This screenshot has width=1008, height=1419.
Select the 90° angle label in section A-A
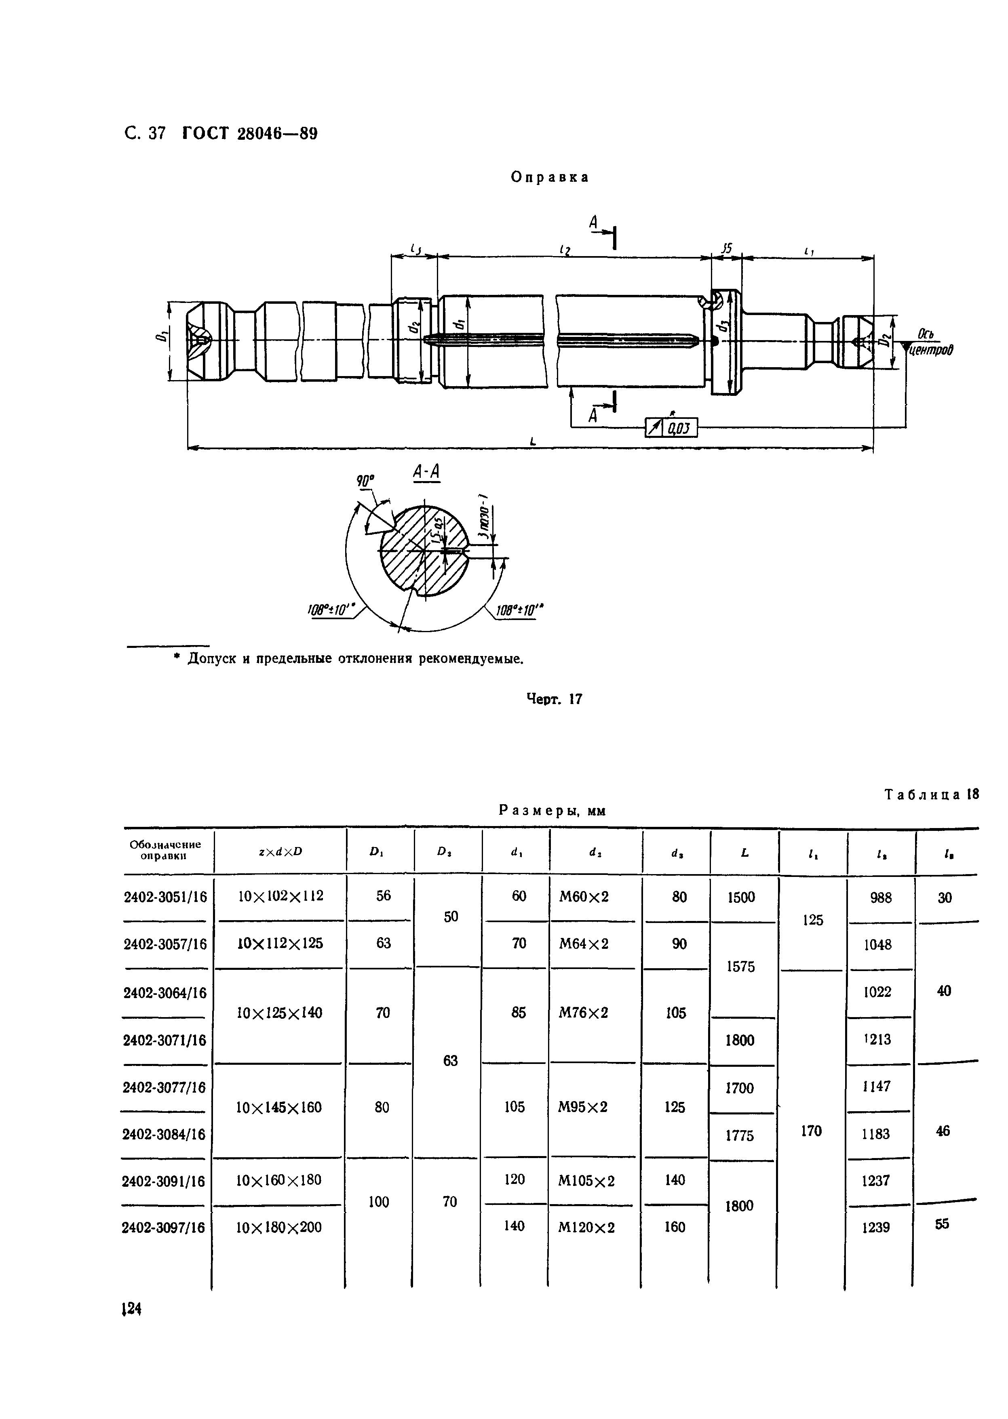coord(366,481)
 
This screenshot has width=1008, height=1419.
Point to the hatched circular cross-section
coord(423,551)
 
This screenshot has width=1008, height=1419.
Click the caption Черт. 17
coord(554,699)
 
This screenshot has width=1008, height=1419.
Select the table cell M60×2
coord(584,897)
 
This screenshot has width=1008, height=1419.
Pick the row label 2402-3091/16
coord(164,1181)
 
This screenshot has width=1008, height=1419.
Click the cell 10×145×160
coord(279,1108)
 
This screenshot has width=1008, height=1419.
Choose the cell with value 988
coord(880,898)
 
